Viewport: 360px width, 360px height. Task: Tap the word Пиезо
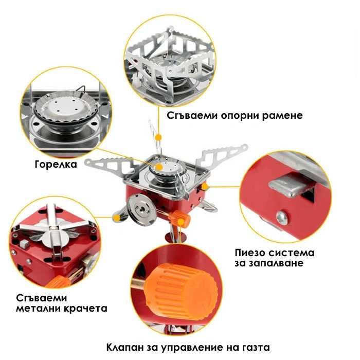click(250, 253)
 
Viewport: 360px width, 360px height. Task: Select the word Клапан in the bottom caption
click(125, 347)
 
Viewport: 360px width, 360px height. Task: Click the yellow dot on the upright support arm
click(159, 137)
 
